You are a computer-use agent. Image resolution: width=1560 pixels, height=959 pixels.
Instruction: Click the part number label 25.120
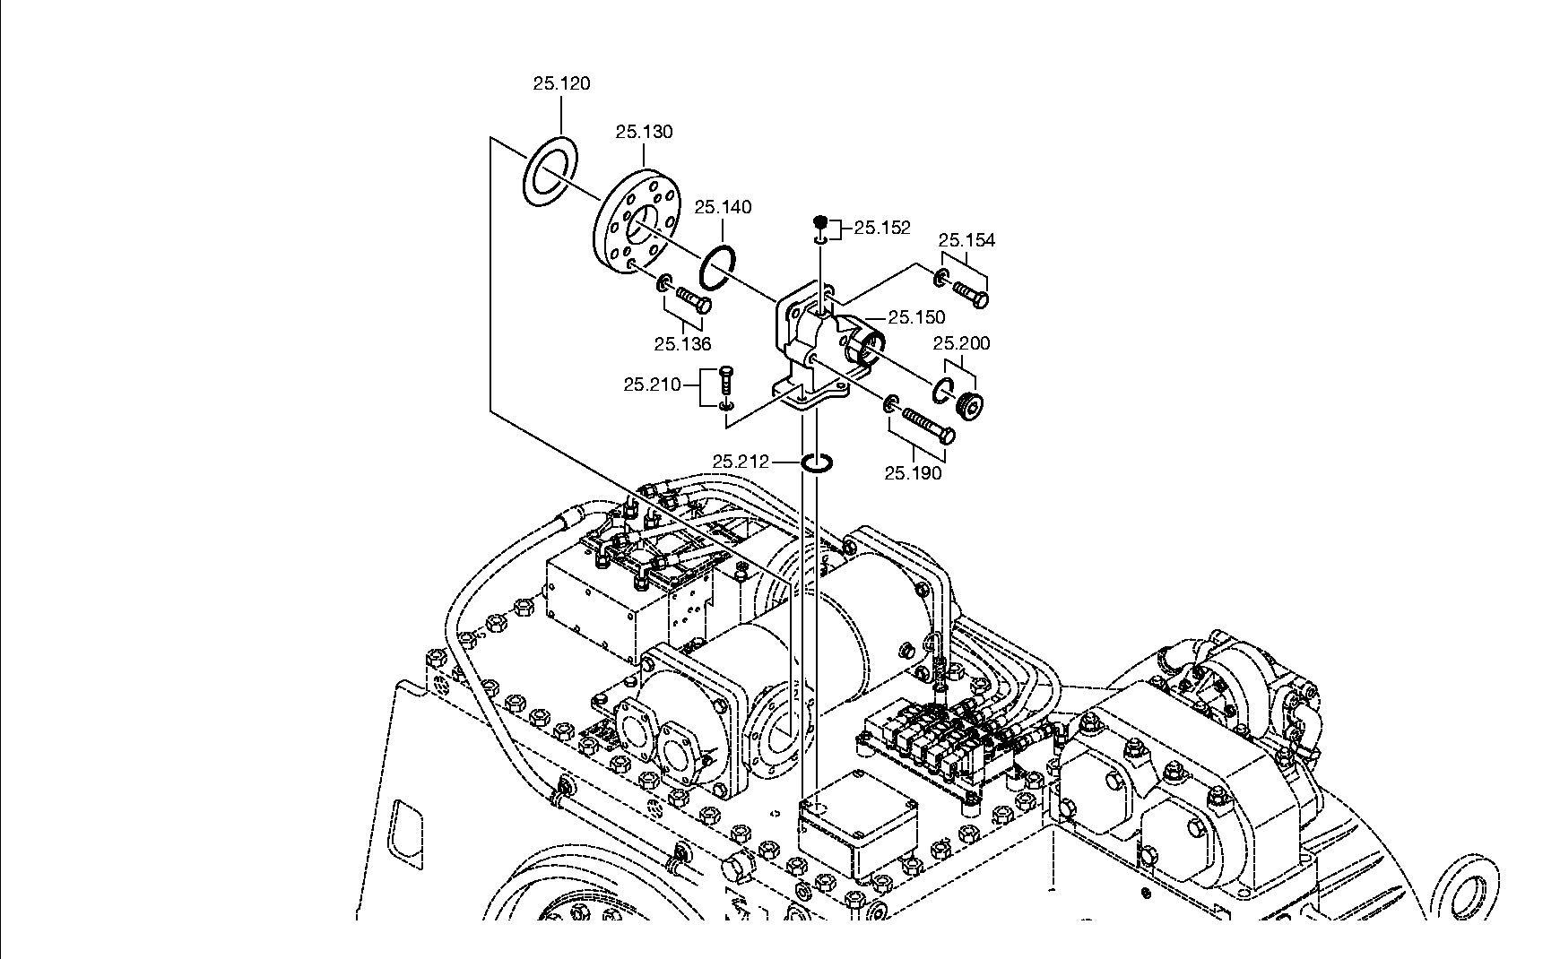point(561,83)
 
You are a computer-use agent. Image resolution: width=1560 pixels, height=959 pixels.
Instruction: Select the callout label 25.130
point(644,132)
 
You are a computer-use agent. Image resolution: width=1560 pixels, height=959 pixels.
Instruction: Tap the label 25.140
point(723,207)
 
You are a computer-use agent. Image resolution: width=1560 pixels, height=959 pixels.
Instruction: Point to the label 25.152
point(882,228)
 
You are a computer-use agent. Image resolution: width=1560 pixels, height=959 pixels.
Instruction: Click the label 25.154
point(966,240)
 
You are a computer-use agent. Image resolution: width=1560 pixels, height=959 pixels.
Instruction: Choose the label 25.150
point(916,317)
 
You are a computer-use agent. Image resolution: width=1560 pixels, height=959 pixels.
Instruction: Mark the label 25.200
point(961,343)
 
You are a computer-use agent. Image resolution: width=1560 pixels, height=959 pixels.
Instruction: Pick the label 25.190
point(913,473)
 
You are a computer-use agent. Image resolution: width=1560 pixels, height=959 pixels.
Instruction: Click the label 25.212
point(741,462)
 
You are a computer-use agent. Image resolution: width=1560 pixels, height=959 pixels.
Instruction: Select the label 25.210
point(652,384)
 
